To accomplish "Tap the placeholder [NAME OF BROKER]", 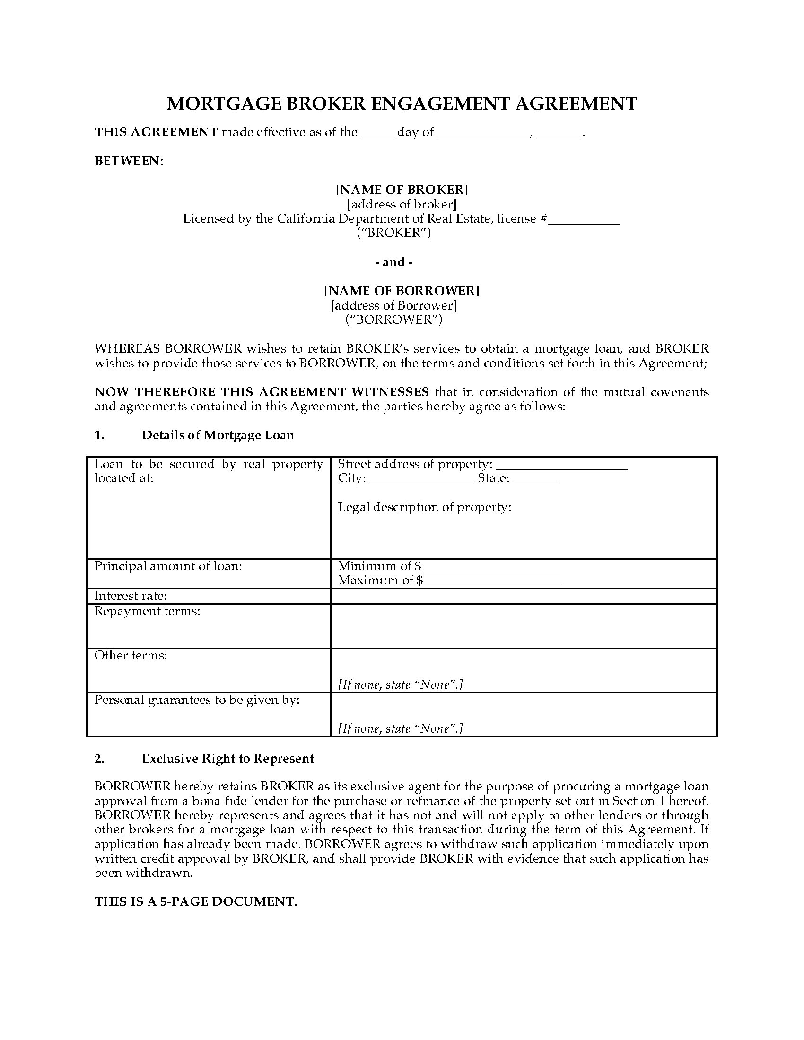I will point(402,190).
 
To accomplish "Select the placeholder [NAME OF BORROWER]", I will point(402,290).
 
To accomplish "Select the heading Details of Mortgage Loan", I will point(218,435).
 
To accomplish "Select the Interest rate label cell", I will point(131,596).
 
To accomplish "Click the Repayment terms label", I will point(147,611).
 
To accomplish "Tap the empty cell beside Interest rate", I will point(523,596).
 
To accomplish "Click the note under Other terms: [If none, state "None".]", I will point(400,685).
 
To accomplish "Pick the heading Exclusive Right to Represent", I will point(227,759).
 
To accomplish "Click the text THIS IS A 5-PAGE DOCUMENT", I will point(196,901).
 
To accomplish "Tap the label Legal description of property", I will point(424,507).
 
